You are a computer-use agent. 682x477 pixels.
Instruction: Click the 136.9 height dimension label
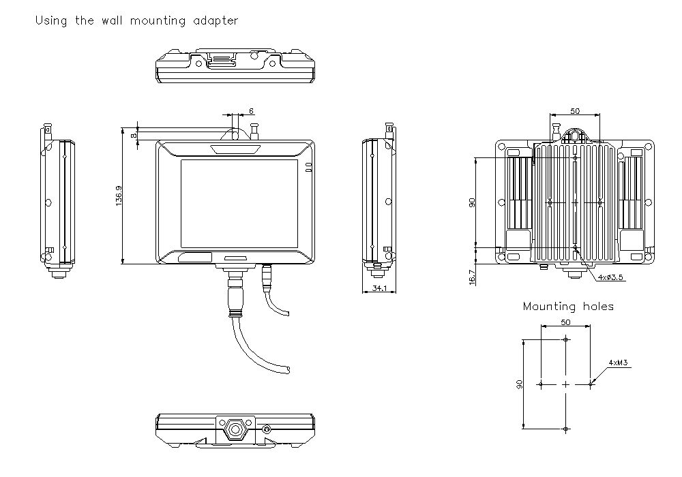(119, 196)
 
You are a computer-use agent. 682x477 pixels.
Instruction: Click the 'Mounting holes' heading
(568, 307)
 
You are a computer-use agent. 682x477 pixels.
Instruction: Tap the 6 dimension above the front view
(251, 111)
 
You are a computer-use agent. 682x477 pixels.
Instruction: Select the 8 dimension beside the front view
(134, 135)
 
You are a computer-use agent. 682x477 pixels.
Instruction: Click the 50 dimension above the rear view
(575, 111)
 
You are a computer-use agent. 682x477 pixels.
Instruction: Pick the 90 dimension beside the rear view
(472, 202)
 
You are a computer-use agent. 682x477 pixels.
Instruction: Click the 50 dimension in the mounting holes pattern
(565, 322)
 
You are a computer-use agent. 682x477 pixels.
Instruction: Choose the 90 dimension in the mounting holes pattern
(520, 385)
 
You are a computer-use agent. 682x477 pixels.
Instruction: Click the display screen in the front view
(239, 203)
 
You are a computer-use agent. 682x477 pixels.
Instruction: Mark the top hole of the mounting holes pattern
(565, 340)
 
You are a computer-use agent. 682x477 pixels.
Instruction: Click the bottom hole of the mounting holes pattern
(565, 429)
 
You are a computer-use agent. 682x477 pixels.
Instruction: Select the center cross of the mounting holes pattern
(565, 384)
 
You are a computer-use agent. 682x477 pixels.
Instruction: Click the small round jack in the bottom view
(267, 429)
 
